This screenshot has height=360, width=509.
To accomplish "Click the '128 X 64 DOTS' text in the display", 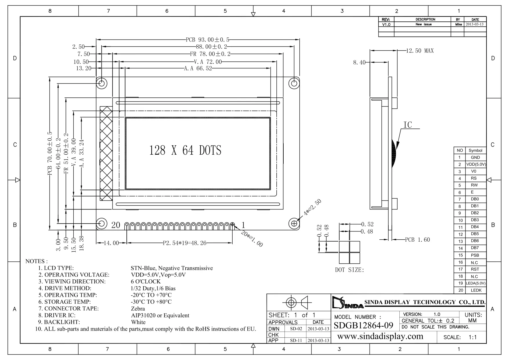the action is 185,150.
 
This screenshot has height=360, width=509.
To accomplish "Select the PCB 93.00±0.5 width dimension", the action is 208,40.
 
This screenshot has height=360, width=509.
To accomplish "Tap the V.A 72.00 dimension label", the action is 208,61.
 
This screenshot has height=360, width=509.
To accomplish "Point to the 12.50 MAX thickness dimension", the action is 420,51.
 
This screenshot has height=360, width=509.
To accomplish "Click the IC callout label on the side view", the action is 408,125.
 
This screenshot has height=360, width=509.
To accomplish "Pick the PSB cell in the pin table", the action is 475,255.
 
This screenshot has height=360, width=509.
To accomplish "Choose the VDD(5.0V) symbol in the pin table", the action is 476,164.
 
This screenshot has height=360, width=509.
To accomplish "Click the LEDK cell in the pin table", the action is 476,290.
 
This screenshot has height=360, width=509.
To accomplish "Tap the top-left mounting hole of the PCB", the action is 102,84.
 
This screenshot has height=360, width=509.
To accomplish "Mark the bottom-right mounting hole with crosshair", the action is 294,223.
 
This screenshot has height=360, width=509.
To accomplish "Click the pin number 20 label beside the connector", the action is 116,225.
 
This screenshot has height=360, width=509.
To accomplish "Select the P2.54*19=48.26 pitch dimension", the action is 184,243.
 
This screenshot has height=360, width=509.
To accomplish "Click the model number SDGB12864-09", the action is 363,325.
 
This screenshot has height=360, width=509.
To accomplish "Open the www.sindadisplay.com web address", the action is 380,336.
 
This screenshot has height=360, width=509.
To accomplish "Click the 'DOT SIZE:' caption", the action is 349,270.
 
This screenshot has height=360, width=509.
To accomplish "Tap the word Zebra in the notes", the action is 138,309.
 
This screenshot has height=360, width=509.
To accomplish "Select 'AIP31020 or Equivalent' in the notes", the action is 160,315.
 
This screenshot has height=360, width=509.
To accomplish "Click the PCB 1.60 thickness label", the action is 418,240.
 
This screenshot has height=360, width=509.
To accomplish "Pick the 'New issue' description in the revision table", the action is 423,24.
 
